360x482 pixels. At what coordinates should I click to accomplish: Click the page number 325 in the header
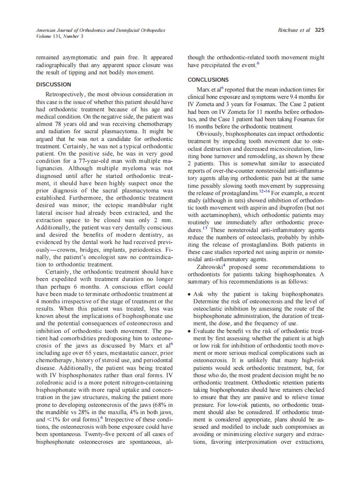[319, 30]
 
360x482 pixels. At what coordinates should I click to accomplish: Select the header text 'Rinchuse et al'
[294, 30]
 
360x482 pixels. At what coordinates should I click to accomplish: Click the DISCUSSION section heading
[54, 85]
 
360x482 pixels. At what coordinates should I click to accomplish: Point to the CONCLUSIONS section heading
[208, 80]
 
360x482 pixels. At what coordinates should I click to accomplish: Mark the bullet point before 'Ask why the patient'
[190, 294]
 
